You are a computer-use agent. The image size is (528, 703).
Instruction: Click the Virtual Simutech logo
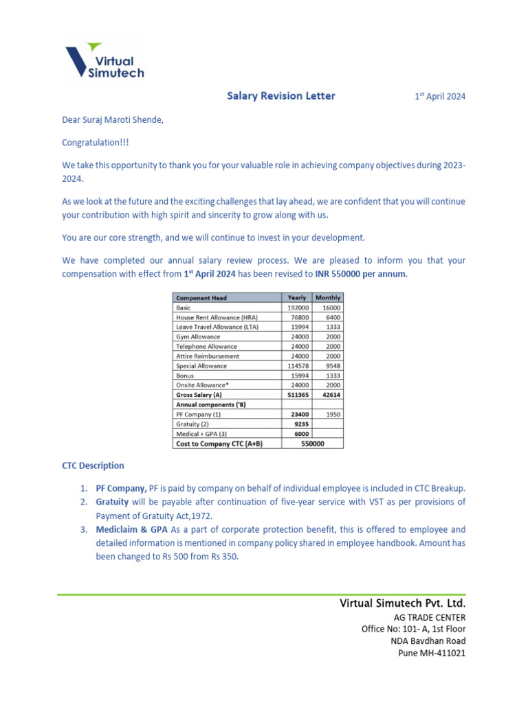104,60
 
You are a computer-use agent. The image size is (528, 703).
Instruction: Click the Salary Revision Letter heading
281,96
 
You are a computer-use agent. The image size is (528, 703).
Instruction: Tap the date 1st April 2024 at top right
439,97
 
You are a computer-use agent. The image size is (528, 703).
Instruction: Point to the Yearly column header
297,298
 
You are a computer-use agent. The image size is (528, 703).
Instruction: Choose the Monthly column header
327,298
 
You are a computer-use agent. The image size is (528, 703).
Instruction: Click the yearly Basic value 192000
298,308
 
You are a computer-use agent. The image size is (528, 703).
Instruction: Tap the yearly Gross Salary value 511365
298,395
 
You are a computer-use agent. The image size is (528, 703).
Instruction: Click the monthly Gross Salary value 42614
331,395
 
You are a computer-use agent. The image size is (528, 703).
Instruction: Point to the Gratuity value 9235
301,424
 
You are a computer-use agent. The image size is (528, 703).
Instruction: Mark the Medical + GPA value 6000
301,434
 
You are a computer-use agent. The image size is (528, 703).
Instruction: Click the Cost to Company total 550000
313,444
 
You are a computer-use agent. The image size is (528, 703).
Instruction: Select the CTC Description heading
93,465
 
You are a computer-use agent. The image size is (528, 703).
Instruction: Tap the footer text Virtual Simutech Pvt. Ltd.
402,603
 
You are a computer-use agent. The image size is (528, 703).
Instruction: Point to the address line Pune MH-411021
432,653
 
